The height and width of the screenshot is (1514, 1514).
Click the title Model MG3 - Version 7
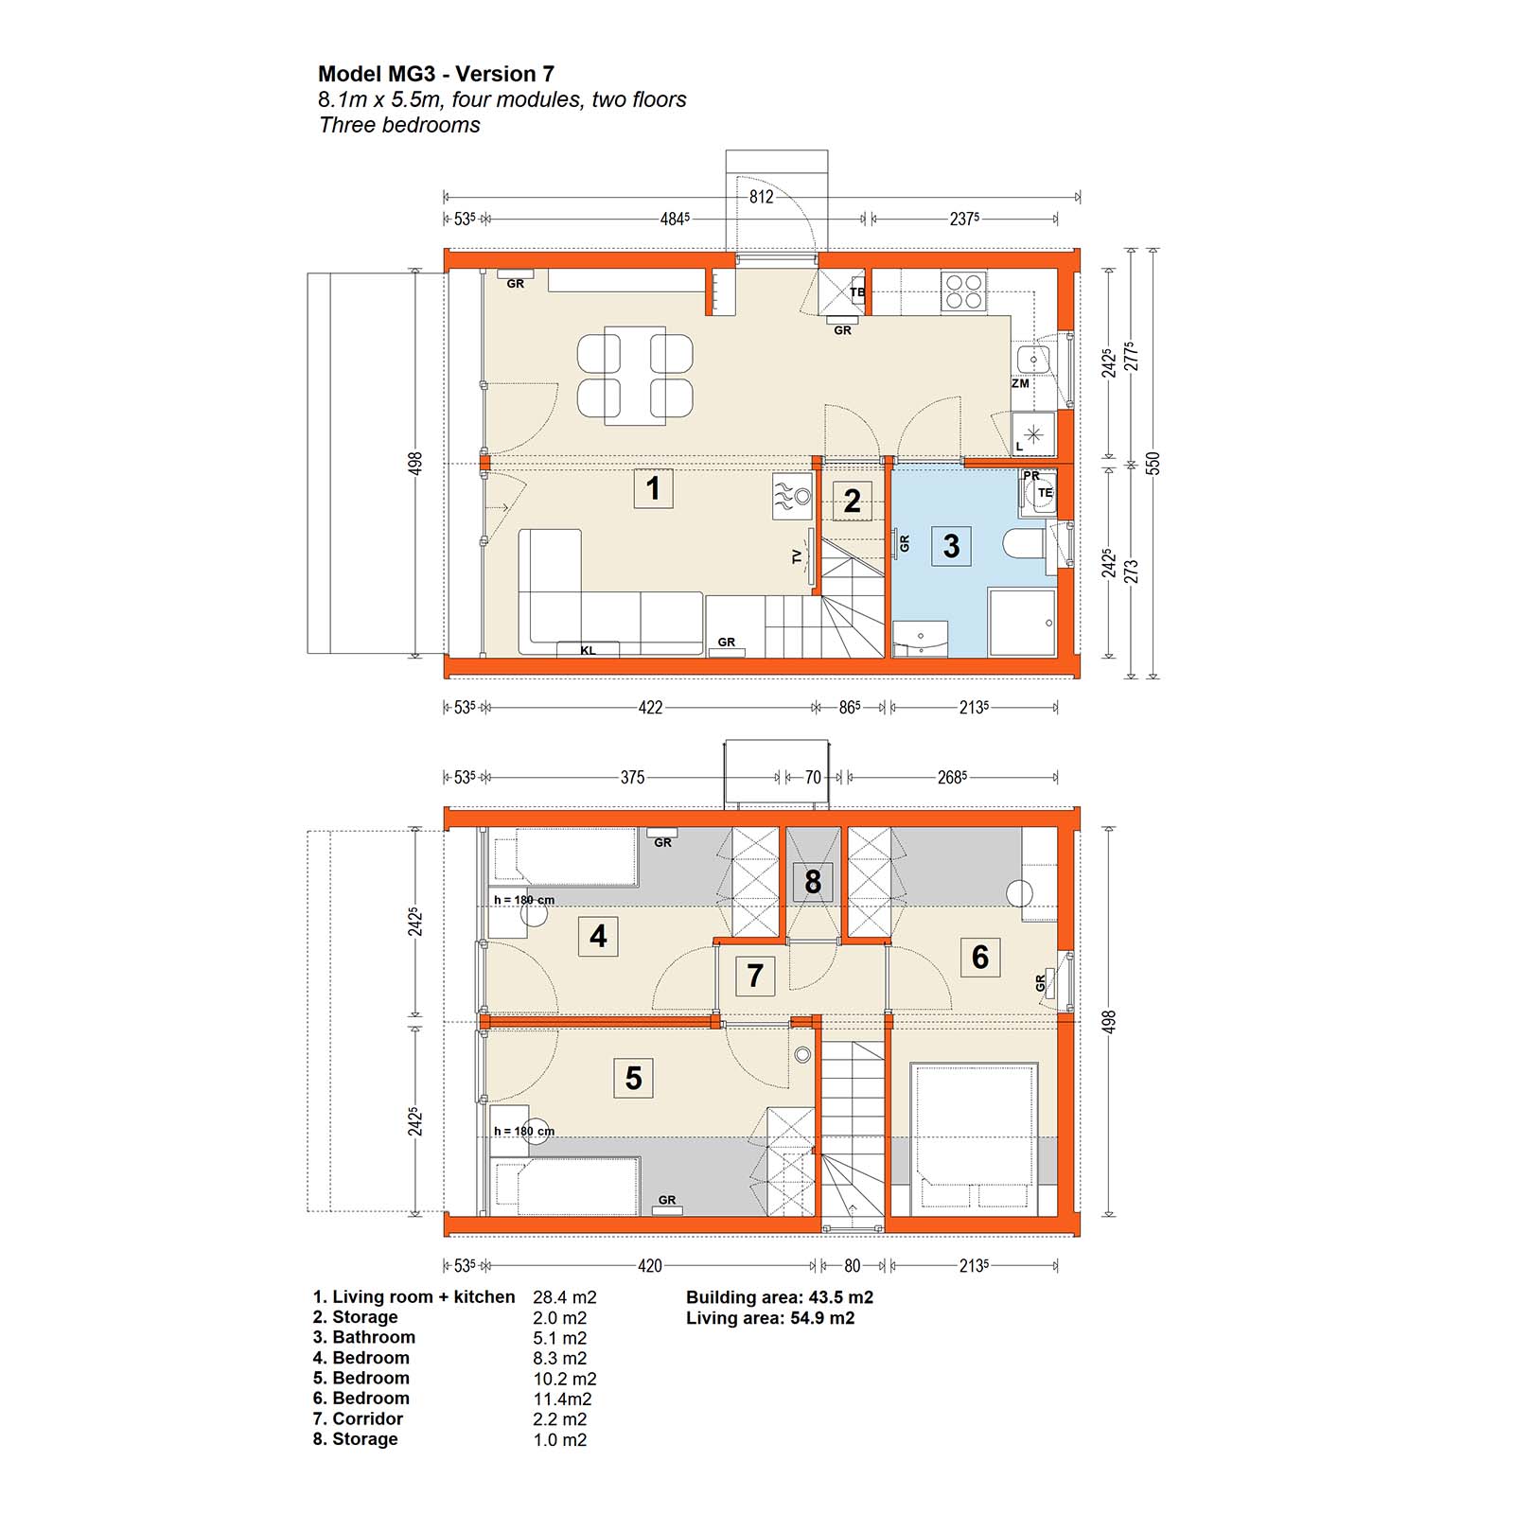click(436, 74)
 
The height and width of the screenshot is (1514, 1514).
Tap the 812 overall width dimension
click(761, 197)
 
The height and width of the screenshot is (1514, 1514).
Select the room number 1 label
click(653, 488)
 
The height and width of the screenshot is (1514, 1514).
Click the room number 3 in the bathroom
click(952, 546)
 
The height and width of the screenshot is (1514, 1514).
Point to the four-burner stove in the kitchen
click(963, 291)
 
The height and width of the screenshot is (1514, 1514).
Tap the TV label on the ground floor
click(797, 557)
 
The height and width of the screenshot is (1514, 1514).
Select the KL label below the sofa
click(588, 651)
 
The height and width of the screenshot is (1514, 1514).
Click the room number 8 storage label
click(813, 882)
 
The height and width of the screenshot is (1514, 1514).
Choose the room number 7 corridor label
click(755, 976)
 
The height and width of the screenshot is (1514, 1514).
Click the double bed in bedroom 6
click(973, 1139)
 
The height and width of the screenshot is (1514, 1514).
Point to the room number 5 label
click(634, 1078)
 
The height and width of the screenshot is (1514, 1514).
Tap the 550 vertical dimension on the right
click(1153, 464)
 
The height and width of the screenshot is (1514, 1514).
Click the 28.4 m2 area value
click(565, 1297)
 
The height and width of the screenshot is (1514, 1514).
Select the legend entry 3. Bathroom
click(364, 1337)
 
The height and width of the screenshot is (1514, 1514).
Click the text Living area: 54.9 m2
click(770, 1318)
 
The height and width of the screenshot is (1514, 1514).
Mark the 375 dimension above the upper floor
click(632, 778)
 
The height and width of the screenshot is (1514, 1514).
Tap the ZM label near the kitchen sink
click(1020, 384)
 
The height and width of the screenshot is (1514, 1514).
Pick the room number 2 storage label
click(853, 501)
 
